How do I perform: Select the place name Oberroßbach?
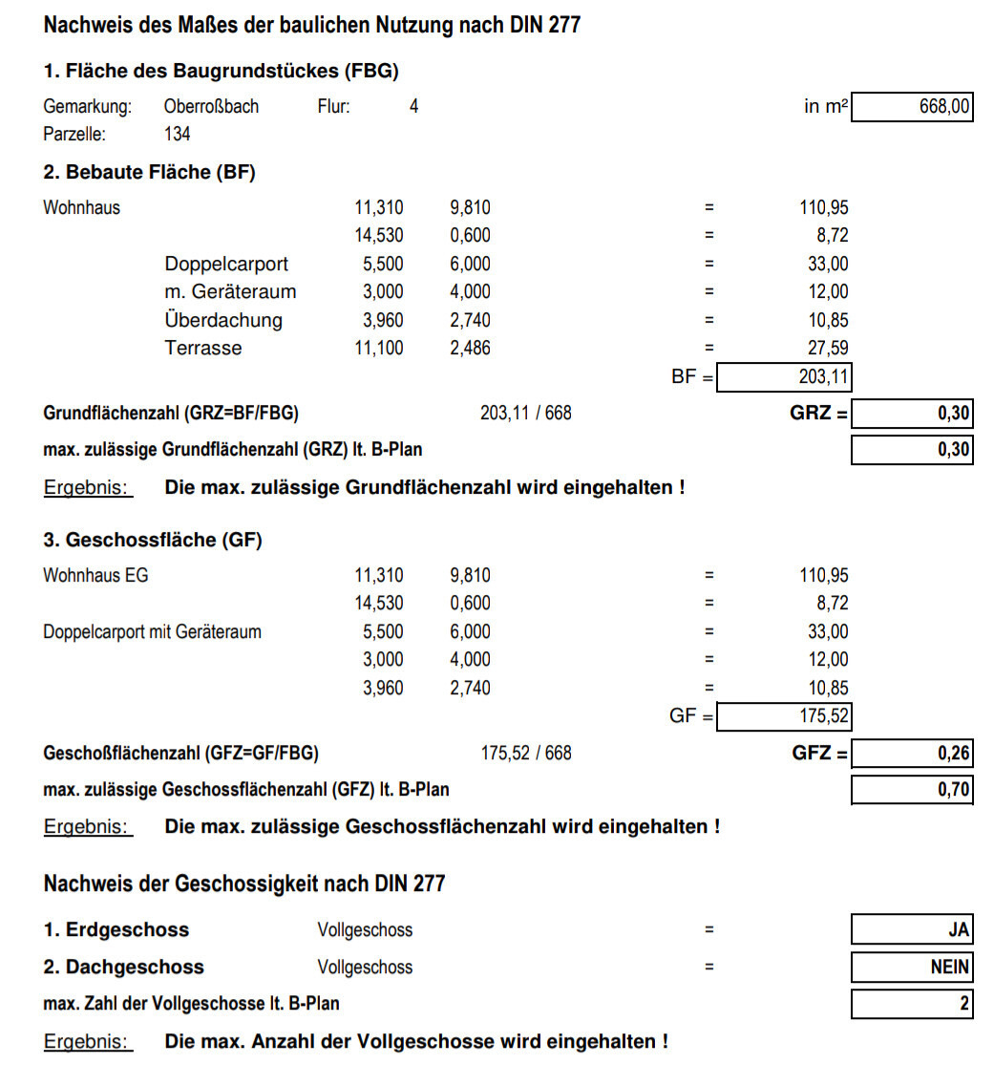point(211,107)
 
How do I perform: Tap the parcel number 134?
point(177,135)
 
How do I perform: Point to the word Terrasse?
point(203,349)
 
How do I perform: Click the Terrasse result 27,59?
point(828,349)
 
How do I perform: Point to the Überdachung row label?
point(223,320)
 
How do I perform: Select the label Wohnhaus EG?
point(95,576)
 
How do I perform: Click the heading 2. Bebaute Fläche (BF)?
point(150,173)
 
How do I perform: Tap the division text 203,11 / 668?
point(526,414)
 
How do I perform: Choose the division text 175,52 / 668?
point(526,754)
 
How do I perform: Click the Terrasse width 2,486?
point(470,349)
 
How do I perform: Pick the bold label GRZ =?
point(819,414)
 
